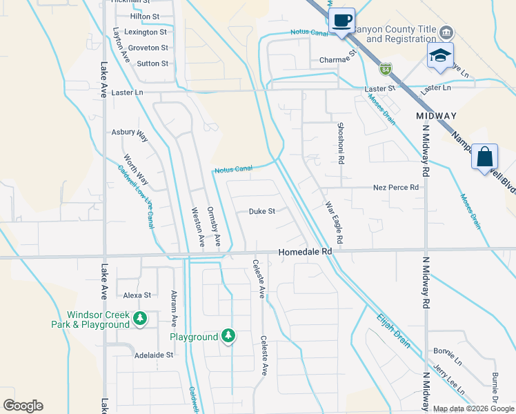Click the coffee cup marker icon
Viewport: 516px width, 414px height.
(x=341, y=20)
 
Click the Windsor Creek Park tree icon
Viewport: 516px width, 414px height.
(x=140, y=318)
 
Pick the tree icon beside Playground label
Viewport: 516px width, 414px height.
(x=228, y=336)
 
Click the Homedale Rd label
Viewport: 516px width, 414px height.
(x=306, y=253)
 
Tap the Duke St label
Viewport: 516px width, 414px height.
(x=262, y=212)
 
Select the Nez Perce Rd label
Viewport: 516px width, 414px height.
(x=395, y=187)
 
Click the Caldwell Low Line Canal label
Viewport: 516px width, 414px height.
(x=135, y=197)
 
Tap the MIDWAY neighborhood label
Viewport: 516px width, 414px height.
(x=437, y=115)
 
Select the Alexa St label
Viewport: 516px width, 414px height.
(x=137, y=295)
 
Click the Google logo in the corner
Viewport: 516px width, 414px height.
(x=23, y=406)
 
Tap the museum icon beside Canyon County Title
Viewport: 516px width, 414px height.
(x=446, y=32)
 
